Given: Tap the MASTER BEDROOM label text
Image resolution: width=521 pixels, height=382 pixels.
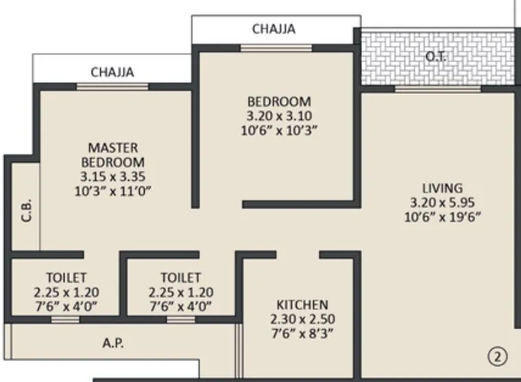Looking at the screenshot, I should tap(113, 155).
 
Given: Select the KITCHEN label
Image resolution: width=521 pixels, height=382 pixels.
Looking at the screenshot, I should tap(302, 305).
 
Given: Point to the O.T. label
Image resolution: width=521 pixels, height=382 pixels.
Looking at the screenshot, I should tap(436, 57).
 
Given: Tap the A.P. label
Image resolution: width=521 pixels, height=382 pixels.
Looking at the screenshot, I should tap(114, 342).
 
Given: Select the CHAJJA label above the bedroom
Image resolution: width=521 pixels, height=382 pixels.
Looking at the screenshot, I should tap(274, 29).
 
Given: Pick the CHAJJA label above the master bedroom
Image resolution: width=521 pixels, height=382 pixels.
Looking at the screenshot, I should tap(112, 72).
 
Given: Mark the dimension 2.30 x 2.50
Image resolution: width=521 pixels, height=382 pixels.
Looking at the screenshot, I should tap(302, 319).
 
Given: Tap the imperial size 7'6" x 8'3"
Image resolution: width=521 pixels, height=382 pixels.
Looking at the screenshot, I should tap(302, 333).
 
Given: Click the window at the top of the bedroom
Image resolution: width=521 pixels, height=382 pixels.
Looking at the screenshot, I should tap(276, 47).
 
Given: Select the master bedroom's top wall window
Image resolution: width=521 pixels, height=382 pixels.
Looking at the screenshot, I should tap(112, 86).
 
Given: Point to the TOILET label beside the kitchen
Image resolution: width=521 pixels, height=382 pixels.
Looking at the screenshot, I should tap(181, 278).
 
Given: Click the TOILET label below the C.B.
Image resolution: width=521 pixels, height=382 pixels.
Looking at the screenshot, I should tap(66, 278).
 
